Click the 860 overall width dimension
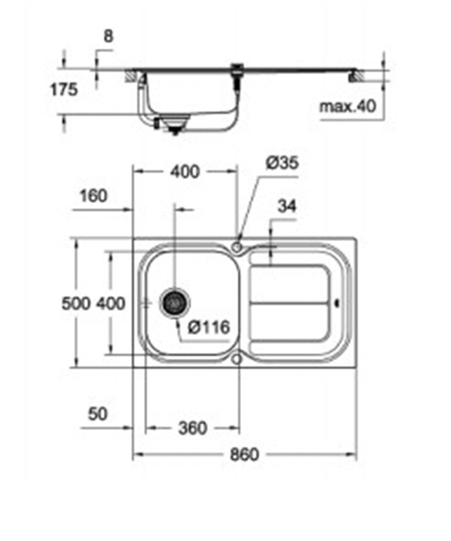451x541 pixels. tap(244, 455)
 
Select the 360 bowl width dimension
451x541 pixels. tap(192, 428)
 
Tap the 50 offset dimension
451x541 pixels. tap(98, 414)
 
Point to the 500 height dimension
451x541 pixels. tap(76, 303)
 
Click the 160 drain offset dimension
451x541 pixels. tap(94, 196)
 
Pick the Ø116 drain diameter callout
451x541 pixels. tap(209, 327)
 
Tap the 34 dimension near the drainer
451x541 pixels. tap(287, 206)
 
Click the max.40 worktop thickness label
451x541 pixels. tap(348, 107)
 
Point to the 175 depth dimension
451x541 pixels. tap(64, 90)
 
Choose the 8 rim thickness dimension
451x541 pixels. tap(108, 36)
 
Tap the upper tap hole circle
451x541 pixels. tap(237, 247)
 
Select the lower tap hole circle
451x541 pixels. tap(236, 359)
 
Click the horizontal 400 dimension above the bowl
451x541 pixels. tap(185, 172)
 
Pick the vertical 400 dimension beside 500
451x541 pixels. tap(110, 303)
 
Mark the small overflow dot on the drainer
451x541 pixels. tap(337, 303)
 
